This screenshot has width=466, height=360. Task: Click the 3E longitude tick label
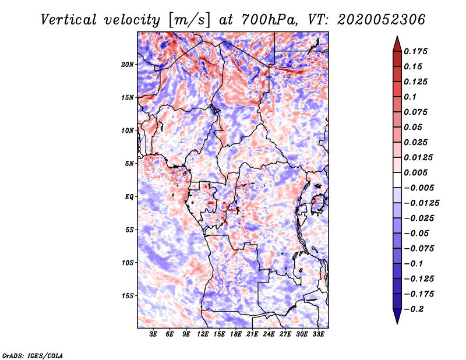[x=154, y=334]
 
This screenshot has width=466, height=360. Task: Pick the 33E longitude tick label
[x=318, y=334]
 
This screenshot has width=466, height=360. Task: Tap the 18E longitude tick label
[x=236, y=334]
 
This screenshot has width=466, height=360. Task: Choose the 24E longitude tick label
[x=269, y=334]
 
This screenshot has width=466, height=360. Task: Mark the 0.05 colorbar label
[x=414, y=127]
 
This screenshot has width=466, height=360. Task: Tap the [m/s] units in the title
[x=188, y=20]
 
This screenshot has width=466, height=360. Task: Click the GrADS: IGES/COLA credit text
[x=32, y=355]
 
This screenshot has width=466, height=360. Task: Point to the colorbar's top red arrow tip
[x=397, y=37]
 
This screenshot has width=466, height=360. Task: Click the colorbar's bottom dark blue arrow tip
[x=397, y=322]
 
